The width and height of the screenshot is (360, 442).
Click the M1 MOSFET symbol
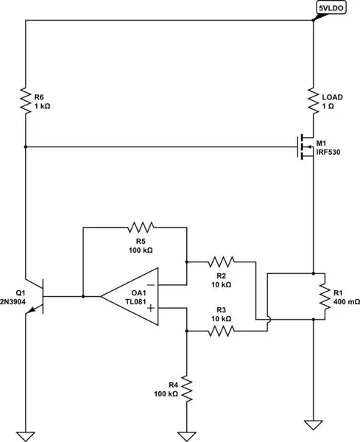(306, 147)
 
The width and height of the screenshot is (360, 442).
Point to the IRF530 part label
(329, 152)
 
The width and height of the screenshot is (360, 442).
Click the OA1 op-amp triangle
(128, 296)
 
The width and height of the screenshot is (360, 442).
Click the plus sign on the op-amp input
(150, 309)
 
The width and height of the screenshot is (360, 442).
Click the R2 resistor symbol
(220, 261)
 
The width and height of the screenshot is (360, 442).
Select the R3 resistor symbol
(220, 331)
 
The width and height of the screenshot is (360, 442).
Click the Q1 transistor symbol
(37, 296)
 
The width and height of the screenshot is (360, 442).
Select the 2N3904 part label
(13, 302)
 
